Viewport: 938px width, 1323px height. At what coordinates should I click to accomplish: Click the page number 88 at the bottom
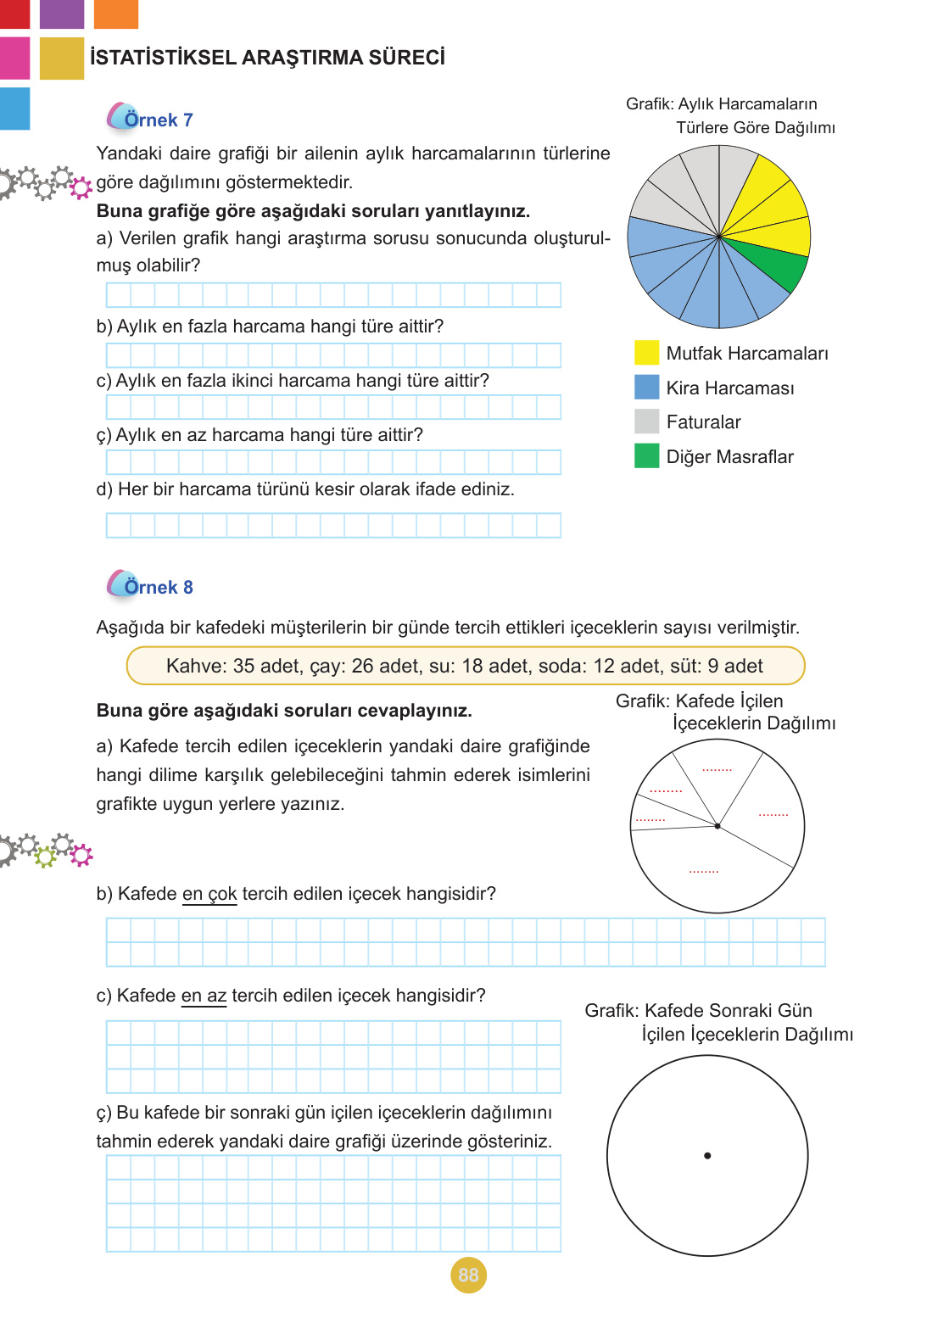tap(468, 1275)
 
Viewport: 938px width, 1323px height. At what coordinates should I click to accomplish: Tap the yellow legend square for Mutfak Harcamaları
tap(646, 353)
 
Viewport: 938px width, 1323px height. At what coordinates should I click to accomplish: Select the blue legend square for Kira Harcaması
tap(646, 388)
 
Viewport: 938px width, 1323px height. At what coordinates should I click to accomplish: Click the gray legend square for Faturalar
tap(646, 421)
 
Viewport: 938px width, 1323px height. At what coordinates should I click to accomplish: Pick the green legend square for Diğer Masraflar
tap(646, 456)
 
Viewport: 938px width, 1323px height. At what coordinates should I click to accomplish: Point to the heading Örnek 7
tap(158, 120)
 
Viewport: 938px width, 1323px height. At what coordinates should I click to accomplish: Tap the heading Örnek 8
tap(158, 587)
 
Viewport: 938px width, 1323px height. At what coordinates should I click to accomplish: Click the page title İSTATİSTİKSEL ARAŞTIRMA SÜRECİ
tap(267, 58)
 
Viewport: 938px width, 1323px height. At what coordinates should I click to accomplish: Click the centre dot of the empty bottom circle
tap(707, 1155)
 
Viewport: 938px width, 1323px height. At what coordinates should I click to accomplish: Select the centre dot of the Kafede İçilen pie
tap(717, 825)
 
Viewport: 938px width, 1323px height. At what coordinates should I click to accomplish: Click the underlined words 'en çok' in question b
tap(209, 894)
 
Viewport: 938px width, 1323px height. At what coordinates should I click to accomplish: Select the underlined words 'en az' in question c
tap(204, 996)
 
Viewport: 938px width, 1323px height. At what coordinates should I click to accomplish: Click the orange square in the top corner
tap(115, 14)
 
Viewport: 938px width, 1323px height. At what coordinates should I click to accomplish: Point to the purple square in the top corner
tap(62, 14)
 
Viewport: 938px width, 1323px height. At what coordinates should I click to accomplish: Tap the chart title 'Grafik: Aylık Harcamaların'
tap(721, 103)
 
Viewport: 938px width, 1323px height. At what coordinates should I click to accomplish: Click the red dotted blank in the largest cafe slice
tap(704, 871)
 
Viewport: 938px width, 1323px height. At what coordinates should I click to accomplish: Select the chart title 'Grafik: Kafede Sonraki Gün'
tap(698, 1010)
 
